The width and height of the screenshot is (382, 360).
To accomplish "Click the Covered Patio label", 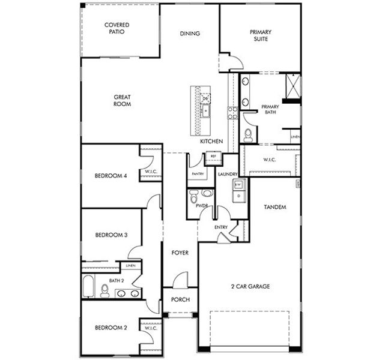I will point(117,28).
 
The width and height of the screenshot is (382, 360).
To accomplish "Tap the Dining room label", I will point(190,34).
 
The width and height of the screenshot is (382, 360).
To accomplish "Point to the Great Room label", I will point(122,100).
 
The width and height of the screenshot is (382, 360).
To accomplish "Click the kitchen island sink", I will point(206,110).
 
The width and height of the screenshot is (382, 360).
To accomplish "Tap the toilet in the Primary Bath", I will point(247,133).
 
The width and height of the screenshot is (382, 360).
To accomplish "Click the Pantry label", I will point(198,174).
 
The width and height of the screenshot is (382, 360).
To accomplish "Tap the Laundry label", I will point(228,174).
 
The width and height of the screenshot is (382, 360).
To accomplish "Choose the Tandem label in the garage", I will point(274,207).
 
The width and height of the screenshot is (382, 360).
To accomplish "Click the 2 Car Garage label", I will point(251,286).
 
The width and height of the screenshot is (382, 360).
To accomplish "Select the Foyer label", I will point(180,253).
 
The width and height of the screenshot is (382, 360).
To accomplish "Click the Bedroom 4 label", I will point(111,176).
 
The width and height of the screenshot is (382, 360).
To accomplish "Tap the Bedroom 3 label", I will point(111,235).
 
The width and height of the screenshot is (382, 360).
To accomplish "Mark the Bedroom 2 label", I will point(111,328).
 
